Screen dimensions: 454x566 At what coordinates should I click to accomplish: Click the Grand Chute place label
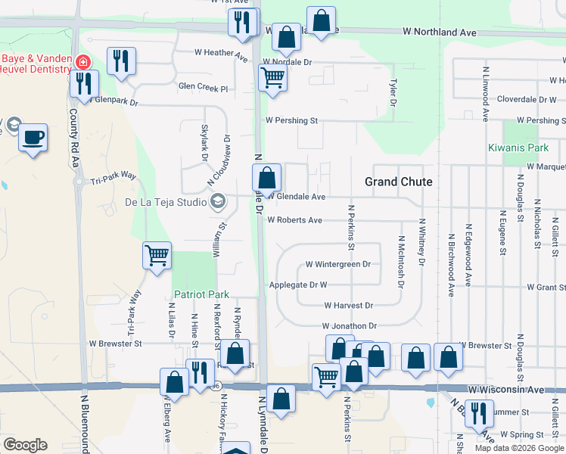tap(398, 182)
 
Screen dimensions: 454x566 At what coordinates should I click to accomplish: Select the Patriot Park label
tap(201, 294)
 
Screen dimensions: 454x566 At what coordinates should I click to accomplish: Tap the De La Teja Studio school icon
tap(219, 201)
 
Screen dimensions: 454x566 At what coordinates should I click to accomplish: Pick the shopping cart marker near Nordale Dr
tap(272, 77)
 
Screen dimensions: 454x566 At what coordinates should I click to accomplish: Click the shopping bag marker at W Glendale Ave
tap(266, 179)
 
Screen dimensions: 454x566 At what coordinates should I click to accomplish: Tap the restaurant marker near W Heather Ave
tap(121, 61)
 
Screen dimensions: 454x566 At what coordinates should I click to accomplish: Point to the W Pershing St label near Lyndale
tap(291, 120)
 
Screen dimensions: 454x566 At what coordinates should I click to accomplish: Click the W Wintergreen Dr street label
tap(337, 265)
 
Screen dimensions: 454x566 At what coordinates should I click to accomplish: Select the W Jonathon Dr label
tap(349, 325)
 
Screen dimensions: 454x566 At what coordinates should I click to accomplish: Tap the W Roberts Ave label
tap(295, 220)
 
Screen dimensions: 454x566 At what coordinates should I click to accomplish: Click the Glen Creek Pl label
tap(203, 88)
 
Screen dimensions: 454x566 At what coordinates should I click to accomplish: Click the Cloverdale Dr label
tap(527, 99)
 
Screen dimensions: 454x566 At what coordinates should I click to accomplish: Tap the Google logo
tap(25, 445)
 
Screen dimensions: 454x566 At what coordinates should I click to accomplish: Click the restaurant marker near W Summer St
tap(479, 413)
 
